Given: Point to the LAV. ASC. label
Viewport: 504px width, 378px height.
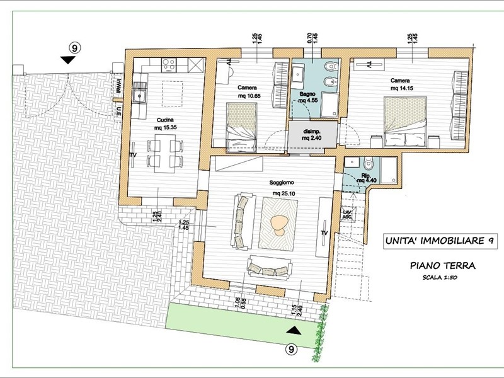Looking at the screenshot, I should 346,215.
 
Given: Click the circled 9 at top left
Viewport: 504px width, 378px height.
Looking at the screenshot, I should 74,47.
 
